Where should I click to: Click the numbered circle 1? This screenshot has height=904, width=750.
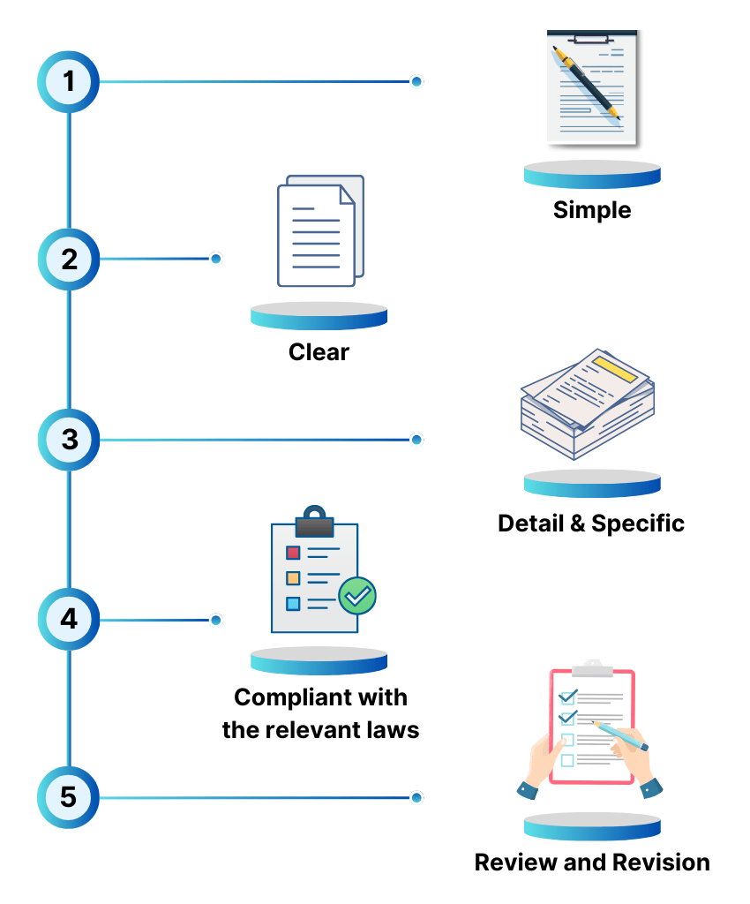[68, 81]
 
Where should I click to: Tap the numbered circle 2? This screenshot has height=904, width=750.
[68, 260]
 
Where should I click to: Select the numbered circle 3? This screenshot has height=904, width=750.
[68, 439]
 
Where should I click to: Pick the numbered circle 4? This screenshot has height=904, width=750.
[68, 619]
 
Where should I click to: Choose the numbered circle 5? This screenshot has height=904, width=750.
[68, 797]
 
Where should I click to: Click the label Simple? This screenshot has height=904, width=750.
[592, 211]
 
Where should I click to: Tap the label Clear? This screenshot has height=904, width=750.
[319, 352]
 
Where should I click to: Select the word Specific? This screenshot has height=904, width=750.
[638, 523]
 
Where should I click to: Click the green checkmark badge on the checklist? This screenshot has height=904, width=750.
[357, 596]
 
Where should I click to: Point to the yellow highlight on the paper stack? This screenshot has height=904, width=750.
[615, 369]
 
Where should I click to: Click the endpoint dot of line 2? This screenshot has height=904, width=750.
[215, 259]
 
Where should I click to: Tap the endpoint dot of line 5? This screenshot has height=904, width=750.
[416, 797]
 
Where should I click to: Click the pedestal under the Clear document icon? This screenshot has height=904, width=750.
[319, 315]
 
